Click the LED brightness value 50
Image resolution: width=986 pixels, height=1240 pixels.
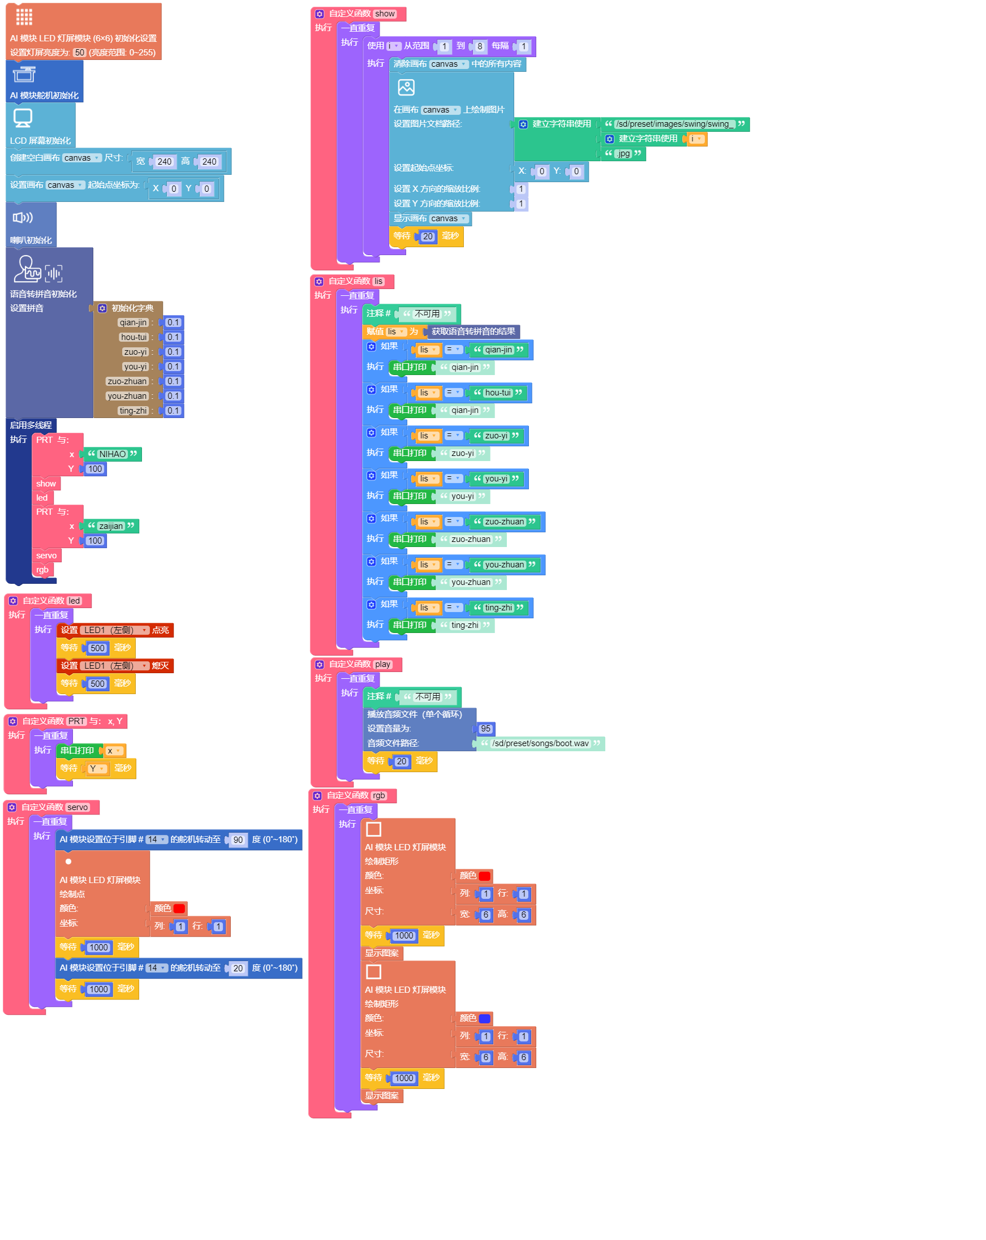tap(79, 53)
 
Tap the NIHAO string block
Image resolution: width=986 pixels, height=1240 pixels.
tap(112, 454)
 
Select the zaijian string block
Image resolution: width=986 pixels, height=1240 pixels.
tap(111, 526)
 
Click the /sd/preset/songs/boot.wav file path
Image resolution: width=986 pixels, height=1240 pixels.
tap(540, 744)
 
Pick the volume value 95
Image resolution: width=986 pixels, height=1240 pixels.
tap(485, 729)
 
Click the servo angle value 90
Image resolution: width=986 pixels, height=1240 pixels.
tap(238, 839)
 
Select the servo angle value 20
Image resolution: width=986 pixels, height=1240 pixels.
tap(238, 968)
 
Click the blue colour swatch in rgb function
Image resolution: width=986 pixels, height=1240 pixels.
tap(484, 1019)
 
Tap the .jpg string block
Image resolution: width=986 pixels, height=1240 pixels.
tap(623, 153)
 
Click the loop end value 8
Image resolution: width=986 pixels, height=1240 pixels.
tap(480, 46)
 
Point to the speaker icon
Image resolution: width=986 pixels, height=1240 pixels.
tap(23, 217)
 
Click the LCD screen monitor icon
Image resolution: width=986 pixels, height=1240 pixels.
tap(23, 117)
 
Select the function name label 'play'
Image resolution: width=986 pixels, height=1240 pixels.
tap(382, 664)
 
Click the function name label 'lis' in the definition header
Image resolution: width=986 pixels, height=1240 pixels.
tap(378, 281)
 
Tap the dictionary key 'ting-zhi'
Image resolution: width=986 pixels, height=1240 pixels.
tap(133, 411)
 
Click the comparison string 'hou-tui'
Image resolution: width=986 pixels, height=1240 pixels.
tap(498, 393)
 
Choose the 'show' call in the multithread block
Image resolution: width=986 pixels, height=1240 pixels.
tap(46, 484)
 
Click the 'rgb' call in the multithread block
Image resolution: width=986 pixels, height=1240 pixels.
tap(42, 570)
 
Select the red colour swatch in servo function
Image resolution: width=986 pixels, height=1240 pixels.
tap(179, 909)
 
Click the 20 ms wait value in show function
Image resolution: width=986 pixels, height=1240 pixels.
tap(428, 236)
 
